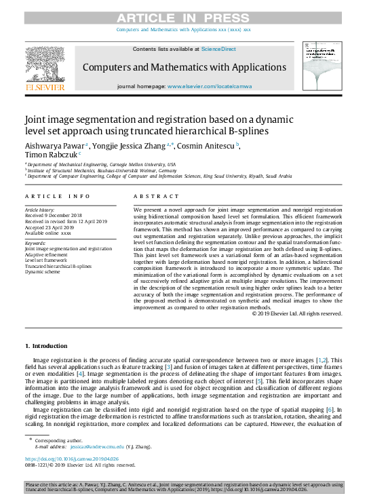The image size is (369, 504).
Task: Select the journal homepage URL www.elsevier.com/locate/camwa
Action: (210, 87)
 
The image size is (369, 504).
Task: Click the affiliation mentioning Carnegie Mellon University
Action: (102, 164)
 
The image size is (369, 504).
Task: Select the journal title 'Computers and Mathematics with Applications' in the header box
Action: (184, 67)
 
